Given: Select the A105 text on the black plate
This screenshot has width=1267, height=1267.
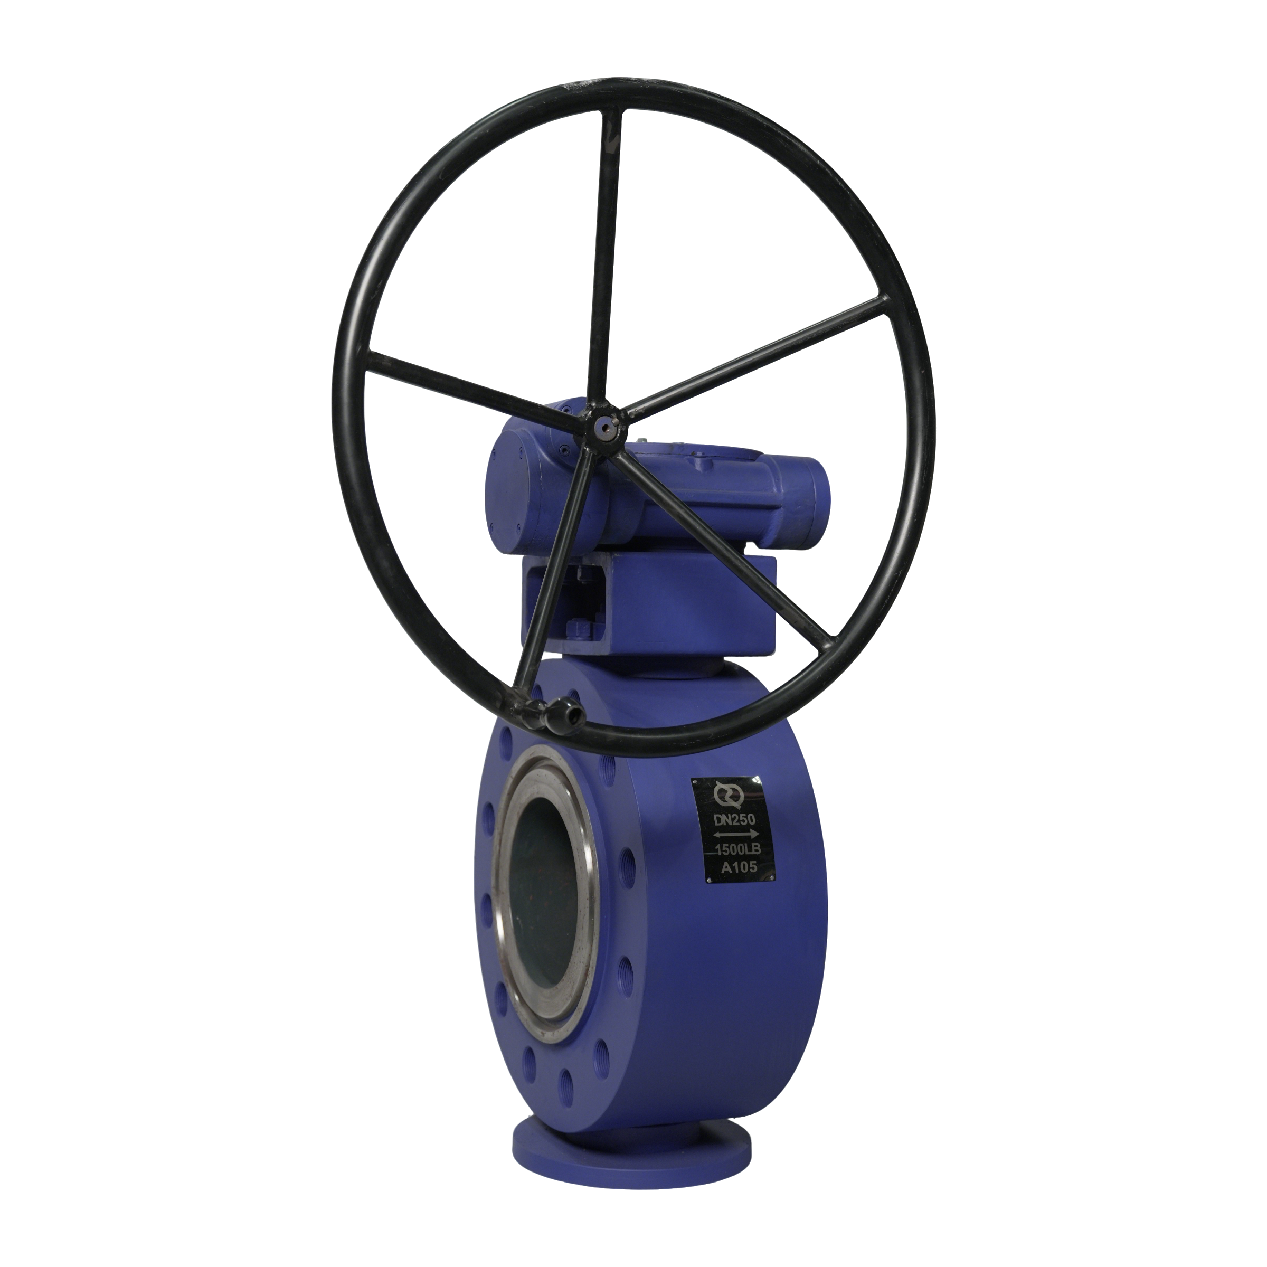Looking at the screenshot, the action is pos(739,867).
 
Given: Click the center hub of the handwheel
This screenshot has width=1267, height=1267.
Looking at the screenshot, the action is pos(602,425).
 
